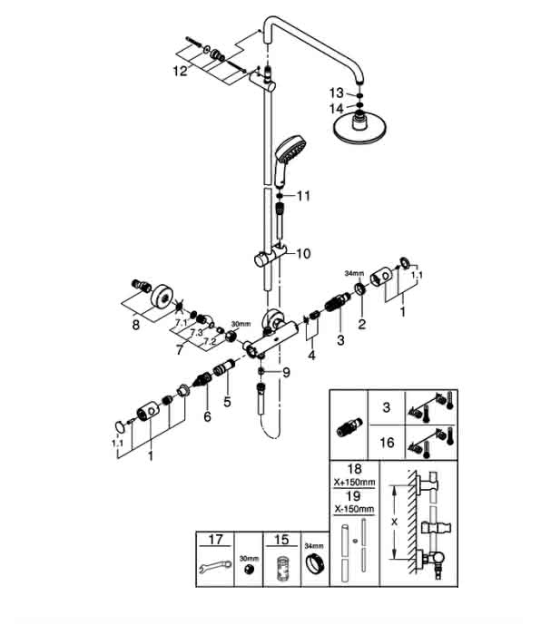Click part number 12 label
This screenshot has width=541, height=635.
point(181,72)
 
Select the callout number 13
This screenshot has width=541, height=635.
point(337,93)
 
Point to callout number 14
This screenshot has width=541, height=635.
point(337,109)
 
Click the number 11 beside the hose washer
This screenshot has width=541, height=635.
point(303,197)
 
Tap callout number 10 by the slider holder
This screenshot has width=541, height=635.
point(303,254)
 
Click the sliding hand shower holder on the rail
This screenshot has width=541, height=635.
point(270,256)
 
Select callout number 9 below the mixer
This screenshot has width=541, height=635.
point(287,373)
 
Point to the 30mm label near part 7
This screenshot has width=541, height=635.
point(241,324)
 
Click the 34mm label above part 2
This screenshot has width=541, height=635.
point(354,273)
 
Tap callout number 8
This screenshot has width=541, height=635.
point(136,325)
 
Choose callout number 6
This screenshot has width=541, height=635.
point(208,416)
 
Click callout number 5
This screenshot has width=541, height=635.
point(227,402)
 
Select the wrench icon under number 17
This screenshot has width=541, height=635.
point(216,566)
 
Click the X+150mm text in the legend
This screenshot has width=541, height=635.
point(355,483)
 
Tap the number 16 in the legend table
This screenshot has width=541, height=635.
point(387,443)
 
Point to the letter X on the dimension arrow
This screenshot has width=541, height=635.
point(394,522)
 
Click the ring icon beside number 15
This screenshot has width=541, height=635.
point(315,563)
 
